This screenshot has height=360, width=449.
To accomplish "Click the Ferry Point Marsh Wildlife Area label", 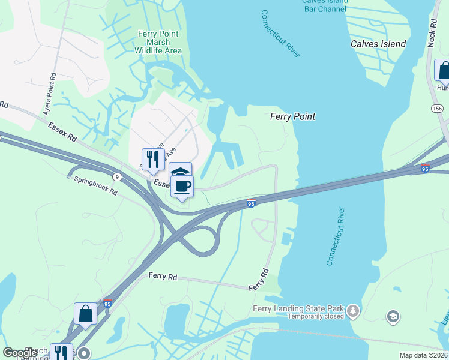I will coord(158,43).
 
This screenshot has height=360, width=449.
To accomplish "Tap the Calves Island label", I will coord(378,44).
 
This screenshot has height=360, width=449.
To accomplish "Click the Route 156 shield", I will coord(437,108).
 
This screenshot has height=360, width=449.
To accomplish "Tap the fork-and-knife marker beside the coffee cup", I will coord(153,160).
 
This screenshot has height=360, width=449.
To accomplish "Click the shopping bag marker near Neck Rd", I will coord(443,70).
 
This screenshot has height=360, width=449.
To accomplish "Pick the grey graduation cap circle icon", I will coord(393,316).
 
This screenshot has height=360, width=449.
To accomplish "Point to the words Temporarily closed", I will coord(315,316).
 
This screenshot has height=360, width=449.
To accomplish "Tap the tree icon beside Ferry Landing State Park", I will coord(354,310).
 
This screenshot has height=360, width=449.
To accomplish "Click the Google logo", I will coord(20,353).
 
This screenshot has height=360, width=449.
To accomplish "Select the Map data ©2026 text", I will coord(423,355).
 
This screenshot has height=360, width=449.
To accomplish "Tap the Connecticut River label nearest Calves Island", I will coord(280,34).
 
